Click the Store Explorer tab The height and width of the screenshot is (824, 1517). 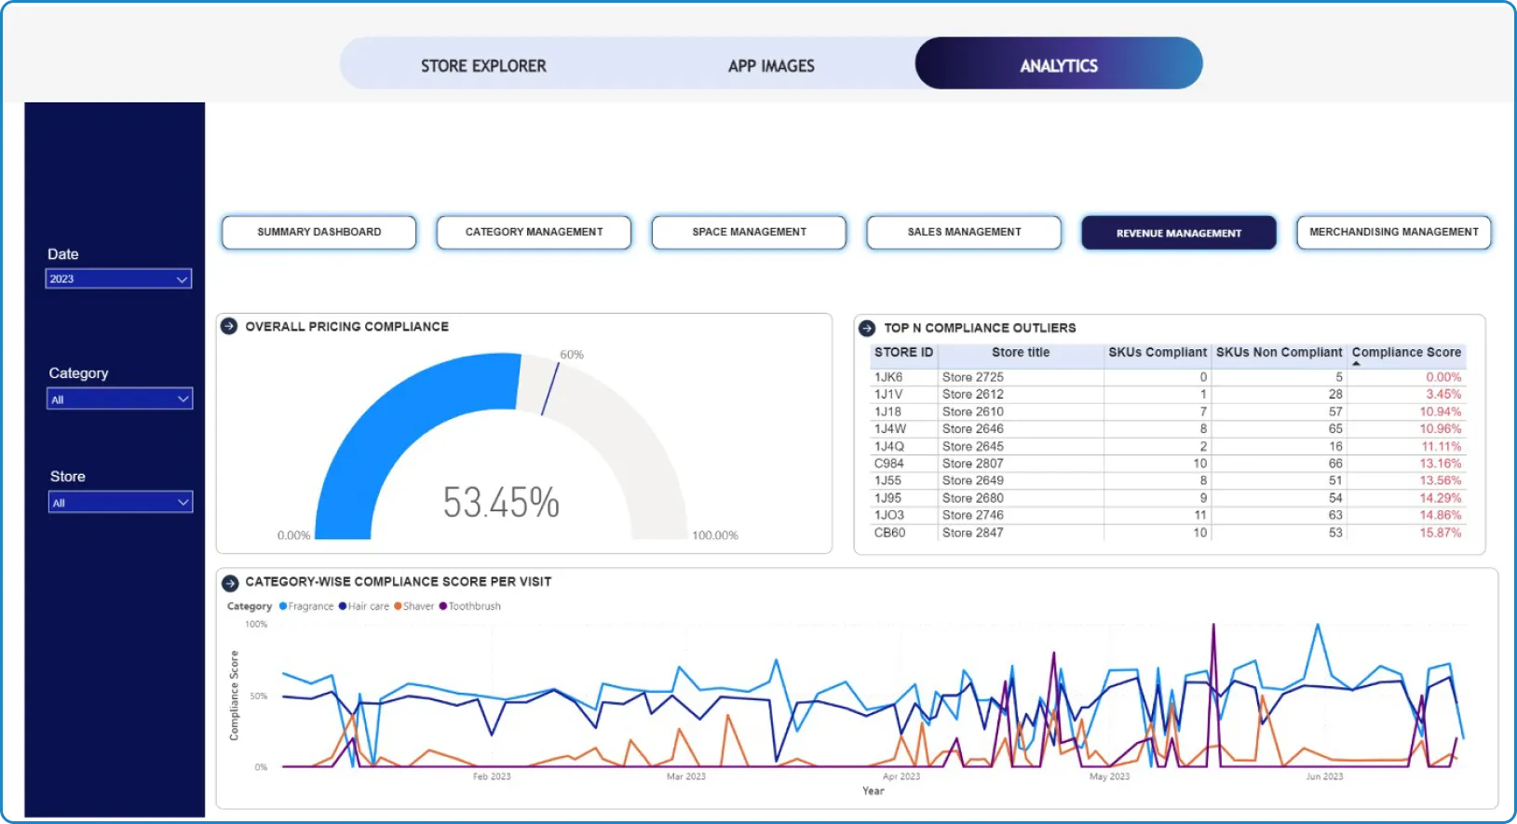[x=483, y=66]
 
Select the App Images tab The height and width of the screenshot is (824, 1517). [x=771, y=66]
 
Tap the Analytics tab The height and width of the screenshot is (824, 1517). [x=1059, y=63]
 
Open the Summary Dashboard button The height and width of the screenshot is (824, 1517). [x=319, y=232]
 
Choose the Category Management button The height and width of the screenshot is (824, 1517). [x=534, y=232]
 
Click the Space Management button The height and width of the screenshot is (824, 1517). [x=749, y=232]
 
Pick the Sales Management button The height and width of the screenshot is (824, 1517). [x=964, y=232]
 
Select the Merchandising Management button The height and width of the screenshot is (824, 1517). [x=1394, y=232]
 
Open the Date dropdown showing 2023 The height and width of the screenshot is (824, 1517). [x=118, y=279]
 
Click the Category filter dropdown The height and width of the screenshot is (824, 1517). [x=120, y=398]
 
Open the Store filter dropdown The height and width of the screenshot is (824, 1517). [x=120, y=503]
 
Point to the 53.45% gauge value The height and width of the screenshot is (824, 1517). [x=501, y=503]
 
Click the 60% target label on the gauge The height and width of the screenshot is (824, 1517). [x=572, y=354]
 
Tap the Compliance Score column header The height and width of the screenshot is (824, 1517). [x=1406, y=353]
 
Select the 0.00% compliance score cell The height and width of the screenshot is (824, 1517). [x=1443, y=377]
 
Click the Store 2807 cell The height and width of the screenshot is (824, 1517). [x=972, y=464]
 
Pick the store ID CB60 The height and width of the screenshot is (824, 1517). [x=889, y=533]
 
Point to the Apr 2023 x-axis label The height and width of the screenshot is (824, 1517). [x=901, y=776]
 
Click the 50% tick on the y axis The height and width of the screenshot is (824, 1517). [x=258, y=696]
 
